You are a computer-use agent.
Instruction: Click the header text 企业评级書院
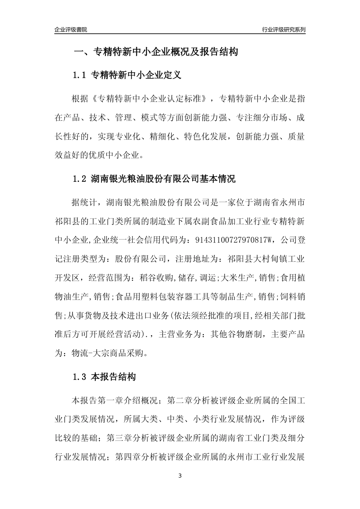click(x=71, y=30)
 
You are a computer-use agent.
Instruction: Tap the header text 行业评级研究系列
click(x=283, y=30)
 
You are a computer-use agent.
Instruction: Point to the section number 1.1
click(x=80, y=75)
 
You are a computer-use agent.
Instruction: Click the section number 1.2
click(x=80, y=178)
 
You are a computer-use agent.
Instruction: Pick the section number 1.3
click(x=80, y=377)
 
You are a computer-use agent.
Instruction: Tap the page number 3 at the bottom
click(x=180, y=476)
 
